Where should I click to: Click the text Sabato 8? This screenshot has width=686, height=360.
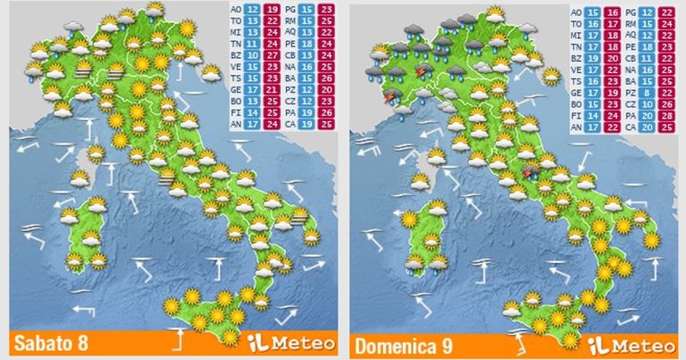pos(50,344)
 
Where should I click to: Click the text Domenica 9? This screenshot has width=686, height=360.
pos(399,344)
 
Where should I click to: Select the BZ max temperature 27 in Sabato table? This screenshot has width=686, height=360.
pos(273,54)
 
